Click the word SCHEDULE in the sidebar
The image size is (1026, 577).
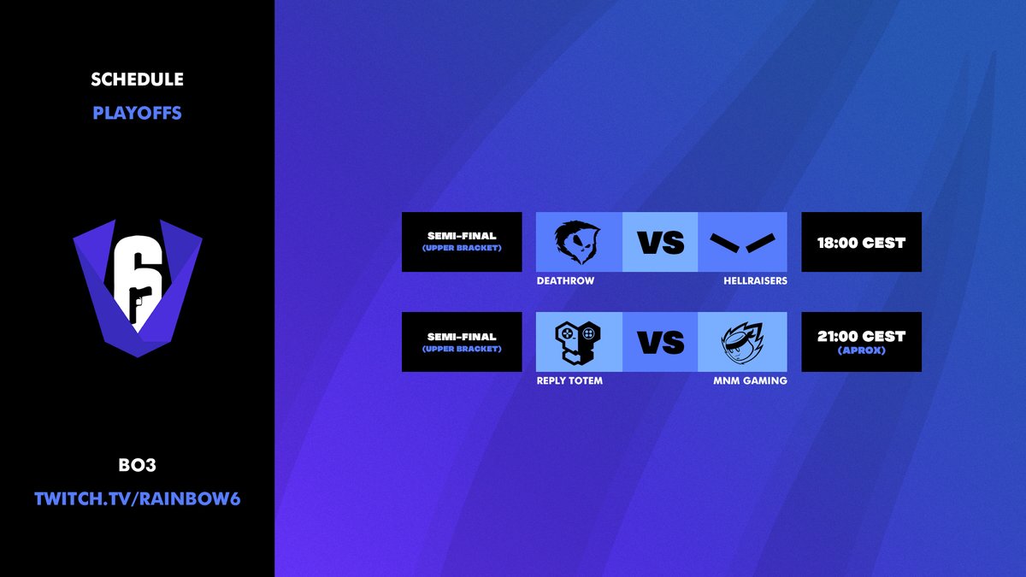[x=137, y=79]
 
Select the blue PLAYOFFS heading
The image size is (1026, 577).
[x=137, y=113]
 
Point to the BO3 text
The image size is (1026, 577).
[x=137, y=467]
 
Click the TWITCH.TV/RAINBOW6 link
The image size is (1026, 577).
[x=137, y=498]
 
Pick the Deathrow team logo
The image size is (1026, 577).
[x=577, y=242]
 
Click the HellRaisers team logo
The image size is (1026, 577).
[x=741, y=243]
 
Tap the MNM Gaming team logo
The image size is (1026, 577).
[x=741, y=342]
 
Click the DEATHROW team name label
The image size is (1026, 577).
[x=565, y=280]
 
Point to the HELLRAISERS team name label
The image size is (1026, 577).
[x=755, y=280]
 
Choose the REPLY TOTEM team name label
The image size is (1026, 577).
[x=569, y=380]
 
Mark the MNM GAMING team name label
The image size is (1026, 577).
[x=750, y=380]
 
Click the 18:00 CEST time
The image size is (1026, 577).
[x=861, y=243]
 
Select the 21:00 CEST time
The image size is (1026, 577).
[x=861, y=336]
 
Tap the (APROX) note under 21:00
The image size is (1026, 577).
[x=861, y=350]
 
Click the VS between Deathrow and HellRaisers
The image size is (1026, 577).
[x=661, y=243]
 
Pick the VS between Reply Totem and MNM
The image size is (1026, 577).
[x=661, y=342]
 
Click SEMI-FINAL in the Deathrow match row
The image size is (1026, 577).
[x=462, y=236]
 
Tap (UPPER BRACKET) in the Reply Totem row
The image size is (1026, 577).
[x=462, y=349]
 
